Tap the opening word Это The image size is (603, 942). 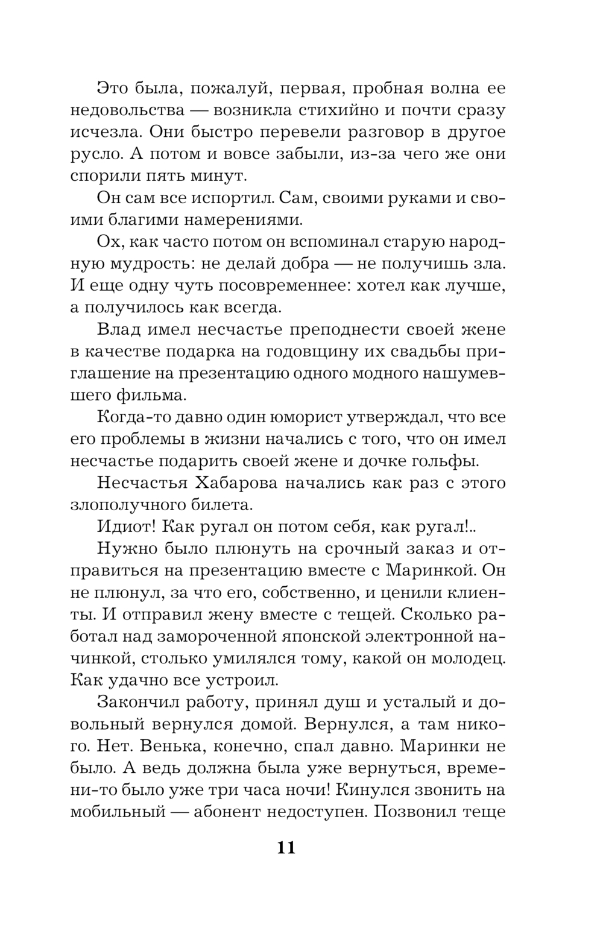click(115, 88)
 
